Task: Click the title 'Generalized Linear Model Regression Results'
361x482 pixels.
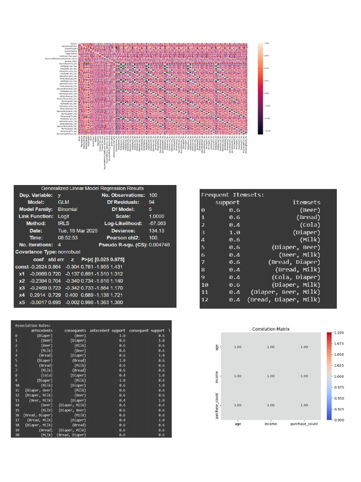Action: [92, 188]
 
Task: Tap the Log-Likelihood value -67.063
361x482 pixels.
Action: [157, 223]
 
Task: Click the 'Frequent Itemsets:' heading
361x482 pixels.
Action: [233, 194]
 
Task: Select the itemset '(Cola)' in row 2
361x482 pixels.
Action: [310, 225]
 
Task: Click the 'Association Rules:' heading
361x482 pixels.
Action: [33, 325]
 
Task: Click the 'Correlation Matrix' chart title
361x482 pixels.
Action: [270, 329]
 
